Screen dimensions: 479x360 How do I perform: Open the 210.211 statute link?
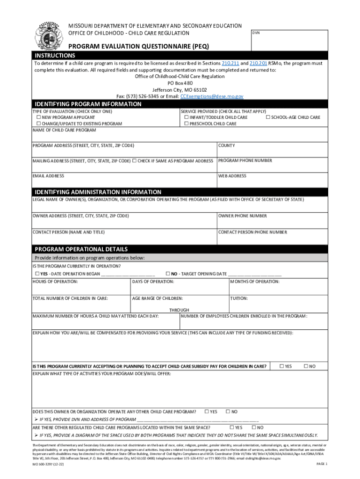pyautogui.click(x=231, y=63)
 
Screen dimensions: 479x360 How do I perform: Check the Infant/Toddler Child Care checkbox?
pyautogui.click(x=186, y=117)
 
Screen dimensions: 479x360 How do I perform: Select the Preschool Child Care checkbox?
pyautogui.click(x=186, y=123)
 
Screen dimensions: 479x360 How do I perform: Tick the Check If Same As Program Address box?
pyautogui.click(x=134, y=161)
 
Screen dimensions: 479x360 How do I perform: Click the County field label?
pyautogui.click(x=227, y=146)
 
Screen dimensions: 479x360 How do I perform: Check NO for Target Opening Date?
pyautogui.click(x=167, y=274)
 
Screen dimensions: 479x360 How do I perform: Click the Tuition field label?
pyautogui.click(x=238, y=298)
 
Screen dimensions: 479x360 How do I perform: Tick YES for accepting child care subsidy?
pyautogui.click(x=281, y=366)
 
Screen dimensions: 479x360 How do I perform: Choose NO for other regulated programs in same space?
pyautogui.click(x=254, y=428)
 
